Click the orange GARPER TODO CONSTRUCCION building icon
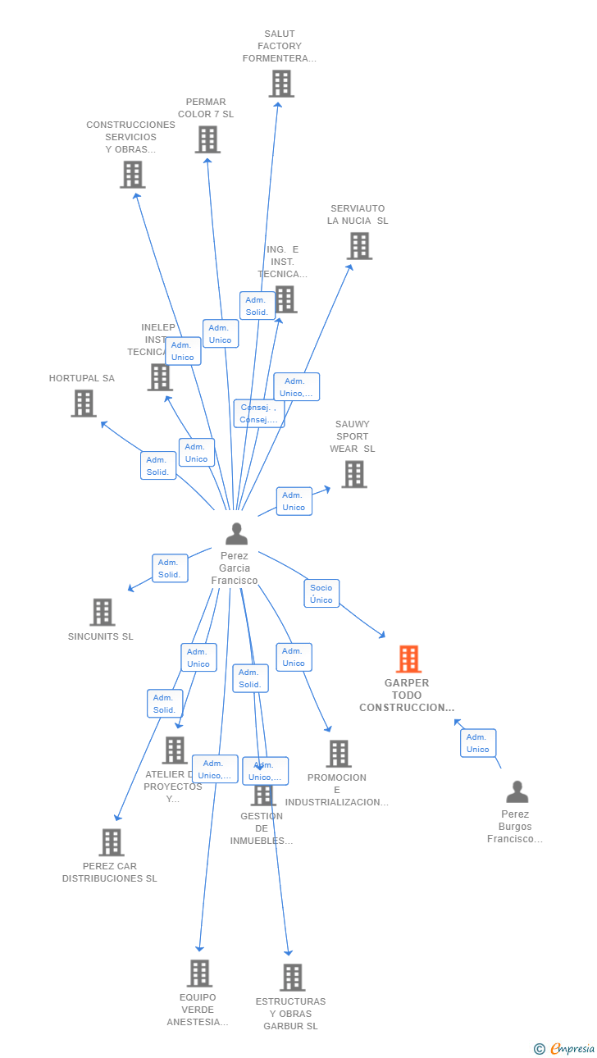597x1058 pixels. click(408, 659)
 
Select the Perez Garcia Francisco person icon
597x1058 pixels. click(236, 534)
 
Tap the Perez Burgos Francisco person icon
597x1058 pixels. click(517, 791)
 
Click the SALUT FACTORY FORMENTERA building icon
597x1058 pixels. click(281, 84)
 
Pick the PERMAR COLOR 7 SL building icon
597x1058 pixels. click(207, 139)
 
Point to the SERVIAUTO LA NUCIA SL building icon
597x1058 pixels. click(358, 246)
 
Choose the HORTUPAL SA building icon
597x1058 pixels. click(84, 404)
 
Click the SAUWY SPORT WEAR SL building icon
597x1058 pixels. click(353, 474)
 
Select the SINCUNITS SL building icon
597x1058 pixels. click(102, 612)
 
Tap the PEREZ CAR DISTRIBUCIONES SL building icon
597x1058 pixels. click(111, 842)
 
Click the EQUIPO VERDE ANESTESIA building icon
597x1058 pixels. click(198, 974)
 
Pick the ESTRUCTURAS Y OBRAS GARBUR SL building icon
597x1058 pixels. click(292, 978)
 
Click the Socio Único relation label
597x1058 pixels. click(321, 593)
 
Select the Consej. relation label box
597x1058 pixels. click(258, 413)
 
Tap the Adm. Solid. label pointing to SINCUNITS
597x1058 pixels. click(169, 568)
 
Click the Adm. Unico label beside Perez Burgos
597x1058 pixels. click(477, 743)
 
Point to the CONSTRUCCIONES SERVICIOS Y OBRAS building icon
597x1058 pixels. click(132, 175)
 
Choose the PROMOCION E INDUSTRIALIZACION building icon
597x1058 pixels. click(338, 753)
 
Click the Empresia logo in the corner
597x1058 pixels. click(565, 1048)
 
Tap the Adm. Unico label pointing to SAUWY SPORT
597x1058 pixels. click(294, 501)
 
